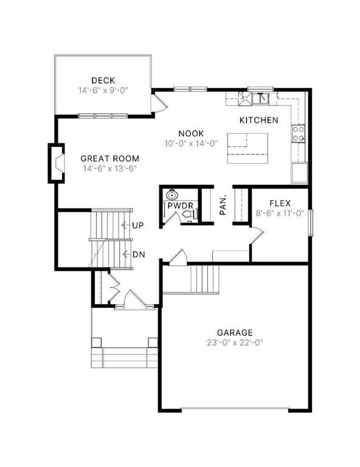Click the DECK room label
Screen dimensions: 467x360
click(103, 80)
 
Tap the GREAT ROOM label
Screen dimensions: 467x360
click(110, 158)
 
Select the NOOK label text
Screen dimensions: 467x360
click(191, 134)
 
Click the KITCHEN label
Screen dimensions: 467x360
click(258, 120)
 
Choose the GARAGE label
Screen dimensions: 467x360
click(235, 332)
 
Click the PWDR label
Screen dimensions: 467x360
click(181, 207)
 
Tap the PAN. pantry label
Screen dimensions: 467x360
click(223, 205)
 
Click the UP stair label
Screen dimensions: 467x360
click(137, 226)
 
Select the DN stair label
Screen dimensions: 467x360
click(138, 254)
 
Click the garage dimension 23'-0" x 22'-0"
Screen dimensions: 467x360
click(235, 342)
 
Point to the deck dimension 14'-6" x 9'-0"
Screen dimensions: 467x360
click(103, 91)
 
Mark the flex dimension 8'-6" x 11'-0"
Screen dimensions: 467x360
click(280, 213)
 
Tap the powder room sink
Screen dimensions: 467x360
click(172, 196)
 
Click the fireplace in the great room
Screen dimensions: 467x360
click(57, 164)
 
